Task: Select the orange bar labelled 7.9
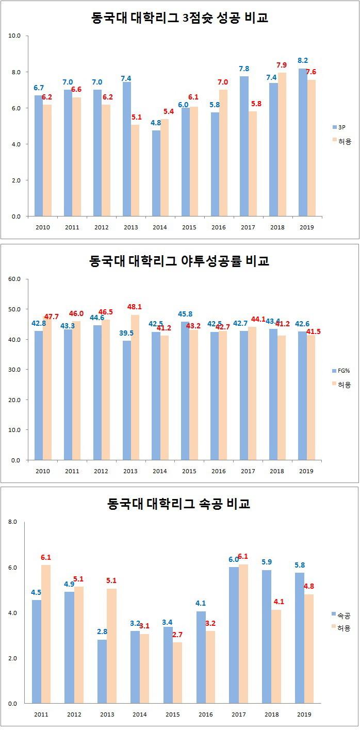pos(282,144)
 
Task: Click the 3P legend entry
pos(341,126)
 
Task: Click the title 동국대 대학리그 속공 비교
pos(179,503)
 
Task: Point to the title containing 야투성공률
pos(179,261)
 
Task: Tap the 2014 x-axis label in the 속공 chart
pos(139,714)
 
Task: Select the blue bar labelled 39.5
pos(127,400)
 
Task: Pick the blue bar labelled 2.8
pos(102,671)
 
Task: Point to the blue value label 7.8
pos(244,69)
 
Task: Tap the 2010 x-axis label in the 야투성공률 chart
pos(43,471)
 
